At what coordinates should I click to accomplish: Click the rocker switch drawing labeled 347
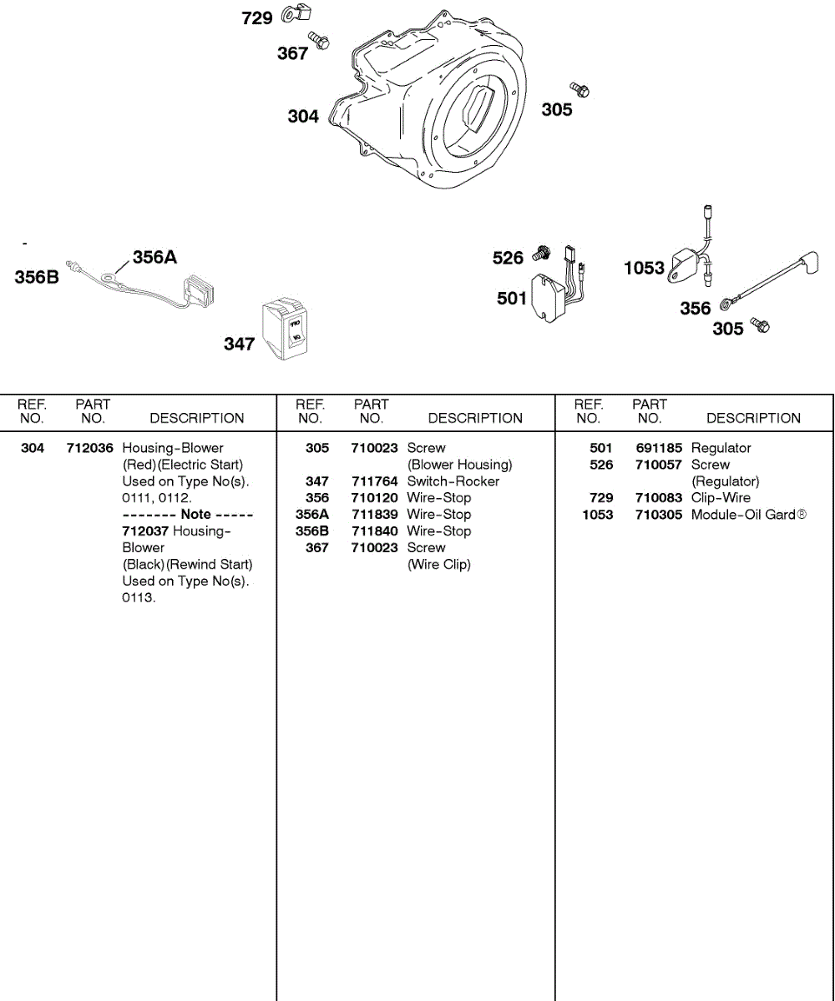click(286, 330)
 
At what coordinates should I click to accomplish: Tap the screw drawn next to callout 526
click(542, 251)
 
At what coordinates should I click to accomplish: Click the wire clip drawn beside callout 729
click(297, 13)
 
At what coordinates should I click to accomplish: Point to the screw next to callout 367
click(318, 38)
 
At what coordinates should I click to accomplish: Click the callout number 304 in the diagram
click(303, 117)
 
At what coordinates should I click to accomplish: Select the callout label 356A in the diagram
click(154, 257)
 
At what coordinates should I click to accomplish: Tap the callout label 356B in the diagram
click(37, 278)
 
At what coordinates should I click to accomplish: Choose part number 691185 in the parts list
click(659, 448)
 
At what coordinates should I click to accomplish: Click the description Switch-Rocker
click(453, 481)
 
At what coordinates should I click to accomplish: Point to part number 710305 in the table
click(659, 515)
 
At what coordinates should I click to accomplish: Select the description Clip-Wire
click(721, 498)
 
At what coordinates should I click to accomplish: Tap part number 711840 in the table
click(374, 531)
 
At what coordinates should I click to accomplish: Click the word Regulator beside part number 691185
click(721, 448)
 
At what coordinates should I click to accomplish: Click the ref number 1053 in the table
click(598, 515)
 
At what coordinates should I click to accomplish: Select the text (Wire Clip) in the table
click(439, 565)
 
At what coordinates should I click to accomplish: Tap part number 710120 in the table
click(374, 498)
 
